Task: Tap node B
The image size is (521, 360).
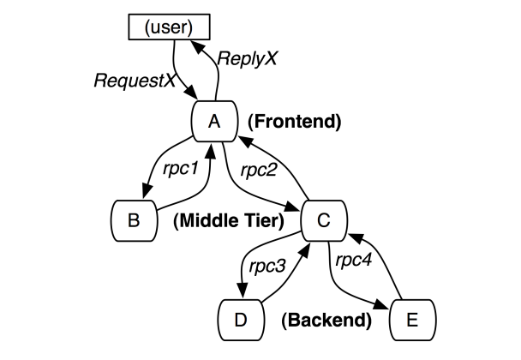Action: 134,220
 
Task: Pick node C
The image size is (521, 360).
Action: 324,220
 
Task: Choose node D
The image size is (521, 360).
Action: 242,321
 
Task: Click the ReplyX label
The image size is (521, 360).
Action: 249,59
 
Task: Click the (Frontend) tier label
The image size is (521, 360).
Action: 294,122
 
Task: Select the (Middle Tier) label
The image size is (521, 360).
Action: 227,221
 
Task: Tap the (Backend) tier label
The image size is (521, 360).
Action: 326,321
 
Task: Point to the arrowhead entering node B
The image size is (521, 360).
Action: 136,196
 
